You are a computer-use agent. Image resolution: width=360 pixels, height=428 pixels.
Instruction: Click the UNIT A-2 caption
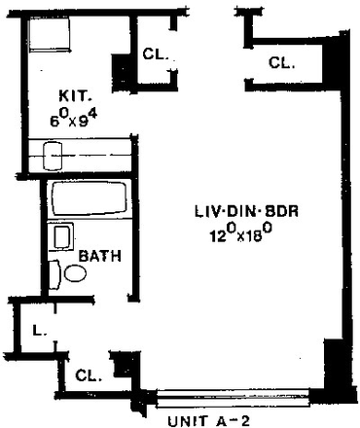point(210,421)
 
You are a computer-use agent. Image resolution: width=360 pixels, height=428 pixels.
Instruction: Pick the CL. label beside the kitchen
point(156,56)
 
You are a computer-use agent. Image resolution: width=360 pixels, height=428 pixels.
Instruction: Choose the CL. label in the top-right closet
point(281,63)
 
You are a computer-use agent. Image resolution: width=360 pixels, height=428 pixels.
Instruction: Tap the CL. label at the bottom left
point(87,374)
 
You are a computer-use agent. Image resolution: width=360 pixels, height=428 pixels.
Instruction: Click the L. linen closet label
point(36,332)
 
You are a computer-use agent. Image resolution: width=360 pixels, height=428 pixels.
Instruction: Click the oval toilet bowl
point(75,275)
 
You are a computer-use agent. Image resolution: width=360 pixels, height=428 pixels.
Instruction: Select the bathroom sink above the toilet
point(63,236)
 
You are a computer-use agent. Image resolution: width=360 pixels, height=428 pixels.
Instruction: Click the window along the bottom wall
point(234,396)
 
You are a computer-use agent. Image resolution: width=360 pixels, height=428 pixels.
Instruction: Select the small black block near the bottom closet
point(124,367)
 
